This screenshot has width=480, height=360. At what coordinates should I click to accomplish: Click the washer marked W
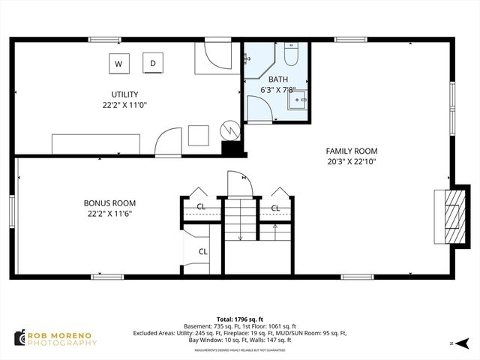click(x=118, y=64)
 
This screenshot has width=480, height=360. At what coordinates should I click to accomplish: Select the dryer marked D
click(x=153, y=64)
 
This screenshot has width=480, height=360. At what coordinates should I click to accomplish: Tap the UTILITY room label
click(x=124, y=94)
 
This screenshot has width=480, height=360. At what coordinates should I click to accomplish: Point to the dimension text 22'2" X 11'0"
click(x=124, y=106)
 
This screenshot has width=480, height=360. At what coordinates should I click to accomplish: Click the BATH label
click(x=278, y=79)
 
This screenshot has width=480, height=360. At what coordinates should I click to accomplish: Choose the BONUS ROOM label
click(x=109, y=203)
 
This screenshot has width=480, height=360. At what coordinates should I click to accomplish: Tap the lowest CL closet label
click(x=202, y=252)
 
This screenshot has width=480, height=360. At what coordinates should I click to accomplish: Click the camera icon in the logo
click(x=19, y=338)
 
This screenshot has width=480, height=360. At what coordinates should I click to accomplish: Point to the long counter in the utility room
click(x=95, y=143)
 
